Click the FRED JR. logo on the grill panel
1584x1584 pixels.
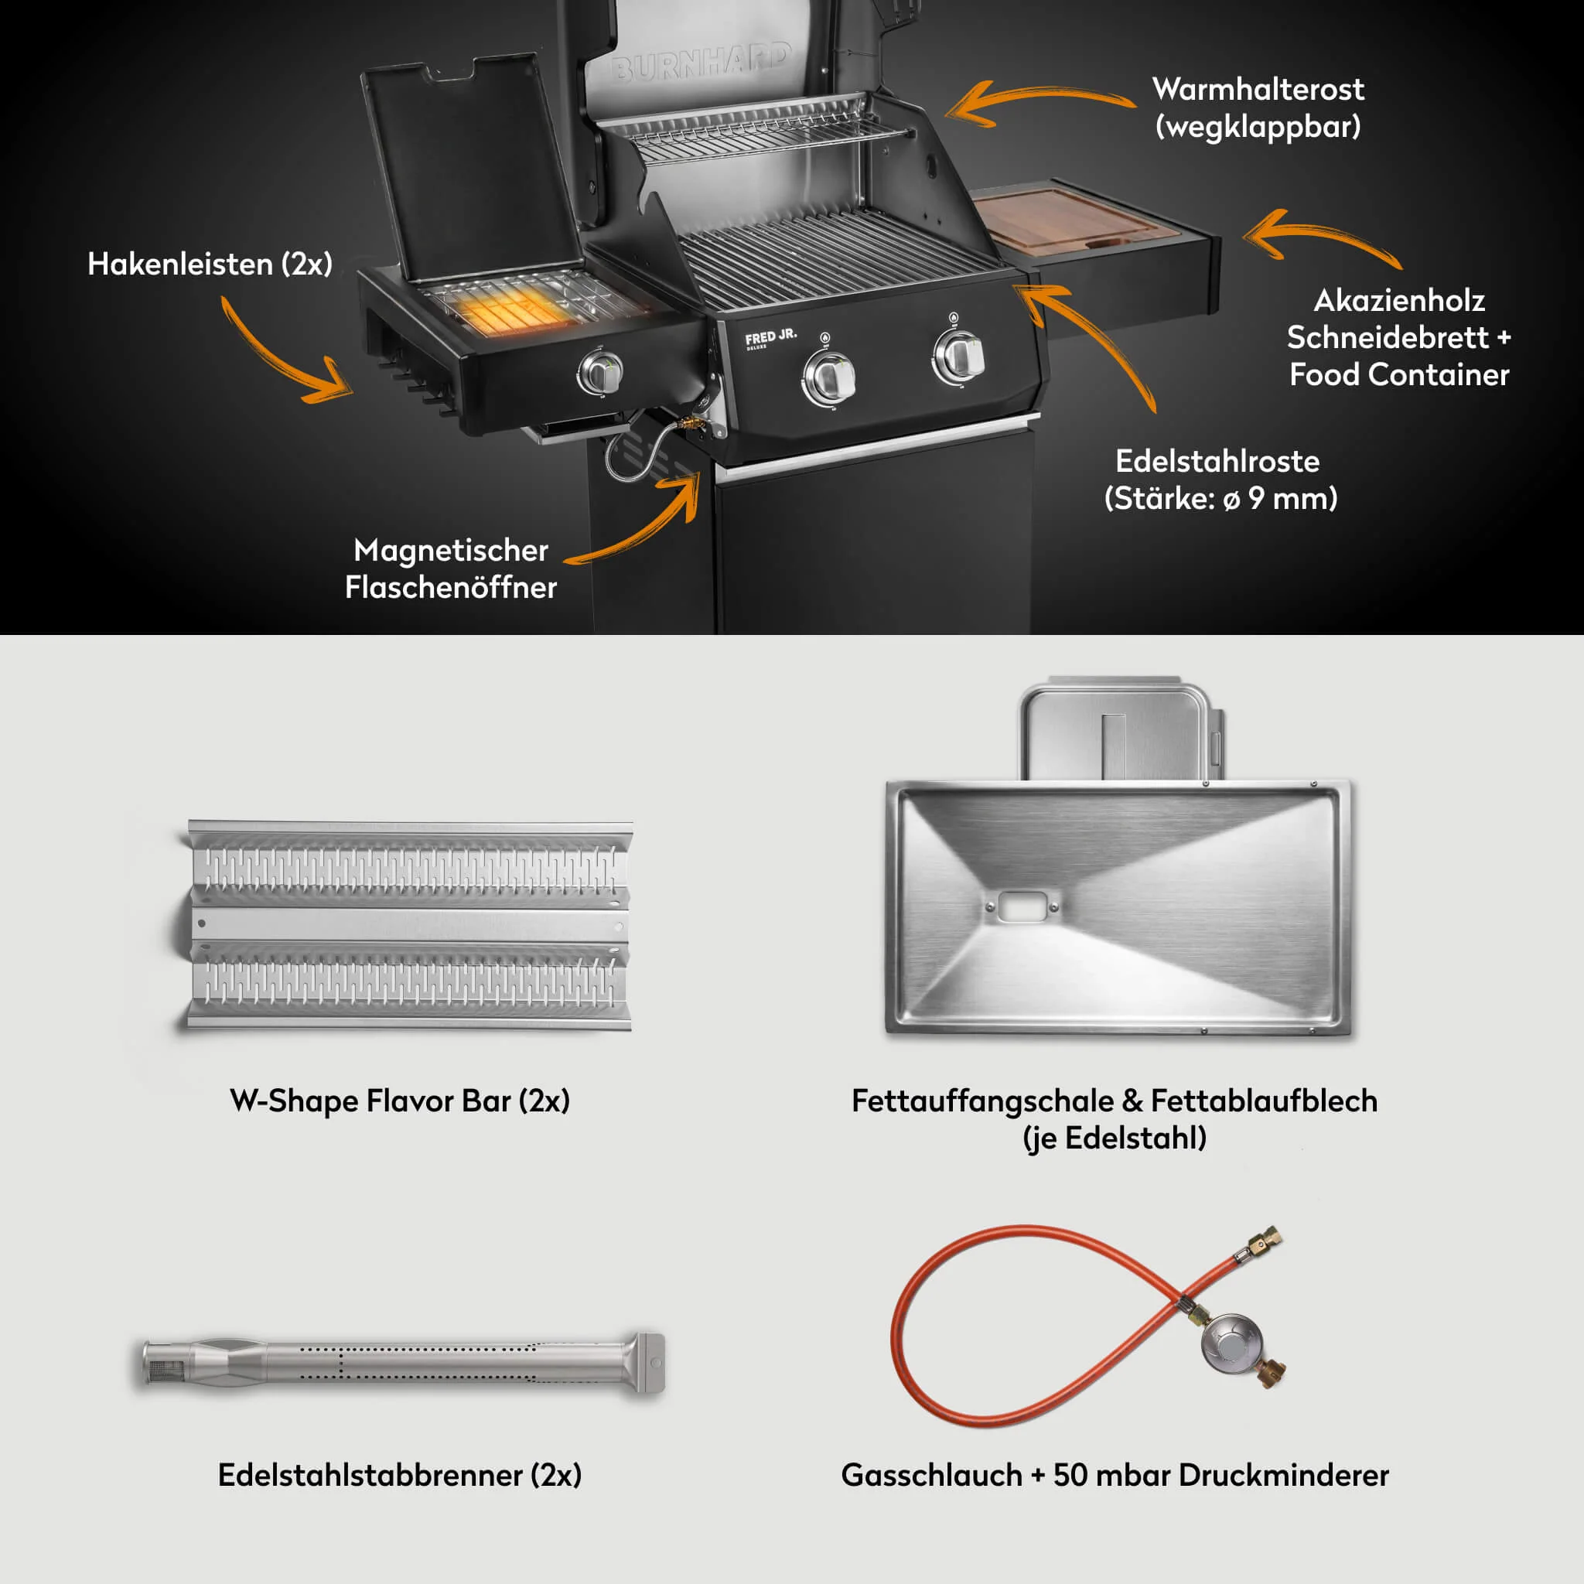click(770, 338)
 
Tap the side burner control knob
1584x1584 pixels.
click(601, 372)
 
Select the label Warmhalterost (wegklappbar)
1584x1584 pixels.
click(1258, 108)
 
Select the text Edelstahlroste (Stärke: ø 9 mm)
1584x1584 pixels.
click(1219, 480)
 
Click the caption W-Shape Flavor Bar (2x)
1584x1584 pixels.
click(400, 1101)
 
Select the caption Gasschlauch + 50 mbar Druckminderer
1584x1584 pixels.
click(1115, 1475)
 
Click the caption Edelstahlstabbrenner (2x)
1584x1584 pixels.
click(400, 1475)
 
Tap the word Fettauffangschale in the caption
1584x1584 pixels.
click(987, 1101)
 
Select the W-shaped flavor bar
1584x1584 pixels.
click(406, 925)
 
